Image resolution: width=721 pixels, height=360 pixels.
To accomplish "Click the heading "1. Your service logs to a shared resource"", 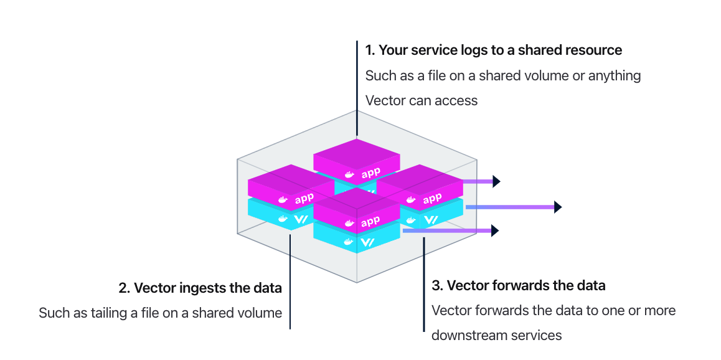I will tap(493, 50).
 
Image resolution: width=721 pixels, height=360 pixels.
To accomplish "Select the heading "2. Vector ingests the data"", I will tap(200, 288).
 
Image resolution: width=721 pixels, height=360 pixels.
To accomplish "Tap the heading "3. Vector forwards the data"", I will tap(518, 286).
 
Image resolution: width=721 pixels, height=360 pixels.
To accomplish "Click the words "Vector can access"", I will tap(421, 100).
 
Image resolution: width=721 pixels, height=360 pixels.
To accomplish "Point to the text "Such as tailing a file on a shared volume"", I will tap(160, 313).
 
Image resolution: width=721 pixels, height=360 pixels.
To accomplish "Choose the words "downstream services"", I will tap(496, 335).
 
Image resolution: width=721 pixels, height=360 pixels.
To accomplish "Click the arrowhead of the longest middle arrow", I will tap(558, 207).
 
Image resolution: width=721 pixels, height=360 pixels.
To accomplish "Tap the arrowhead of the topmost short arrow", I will tap(496, 181).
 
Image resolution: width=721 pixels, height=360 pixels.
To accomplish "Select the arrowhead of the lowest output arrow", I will tap(496, 230).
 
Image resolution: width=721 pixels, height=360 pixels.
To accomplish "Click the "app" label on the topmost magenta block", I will tap(370, 173).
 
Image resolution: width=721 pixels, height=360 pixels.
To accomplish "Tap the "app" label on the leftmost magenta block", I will tap(304, 199).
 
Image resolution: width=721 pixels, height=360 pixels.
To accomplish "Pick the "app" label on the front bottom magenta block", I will tap(370, 221).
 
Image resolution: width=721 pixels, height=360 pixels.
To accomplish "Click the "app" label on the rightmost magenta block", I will tap(432, 198).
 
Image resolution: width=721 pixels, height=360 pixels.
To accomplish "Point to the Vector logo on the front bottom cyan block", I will tap(369, 242).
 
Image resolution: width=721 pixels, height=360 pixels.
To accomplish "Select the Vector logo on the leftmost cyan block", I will tap(302, 219).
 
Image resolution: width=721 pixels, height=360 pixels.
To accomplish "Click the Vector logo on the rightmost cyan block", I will tap(431, 219).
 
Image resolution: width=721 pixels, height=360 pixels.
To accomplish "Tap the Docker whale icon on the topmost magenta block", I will tap(349, 176).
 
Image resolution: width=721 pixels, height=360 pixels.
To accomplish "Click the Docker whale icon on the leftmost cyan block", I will tap(283, 219).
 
